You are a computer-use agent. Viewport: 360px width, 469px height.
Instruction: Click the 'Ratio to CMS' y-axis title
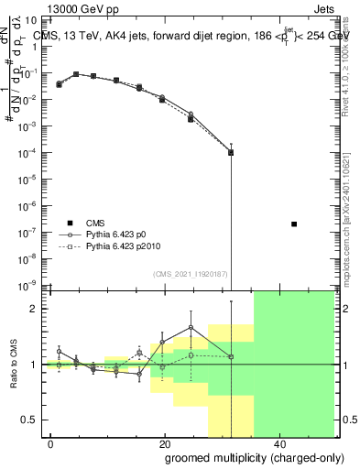click(x=15, y=365)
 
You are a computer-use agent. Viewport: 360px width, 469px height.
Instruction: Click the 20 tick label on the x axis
click(x=164, y=444)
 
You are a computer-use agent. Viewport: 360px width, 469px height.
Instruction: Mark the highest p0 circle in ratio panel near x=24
click(x=191, y=327)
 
